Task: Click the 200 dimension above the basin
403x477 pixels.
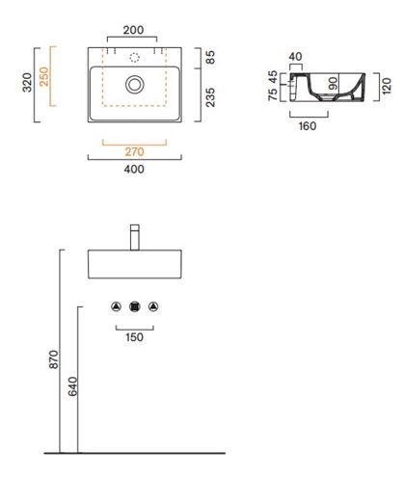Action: [x=133, y=30]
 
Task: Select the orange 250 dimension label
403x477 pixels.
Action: [x=43, y=76]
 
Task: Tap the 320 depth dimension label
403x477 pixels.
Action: [x=27, y=83]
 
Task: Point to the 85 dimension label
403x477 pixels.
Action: [x=210, y=58]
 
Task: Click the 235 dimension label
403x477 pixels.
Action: [x=210, y=97]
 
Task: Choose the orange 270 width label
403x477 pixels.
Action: [x=134, y=151]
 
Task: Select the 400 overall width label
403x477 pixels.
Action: [x=134, y=169]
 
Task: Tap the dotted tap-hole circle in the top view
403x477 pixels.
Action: [x=135, y=58]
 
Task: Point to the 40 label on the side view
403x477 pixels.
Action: [x=295, y=57]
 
